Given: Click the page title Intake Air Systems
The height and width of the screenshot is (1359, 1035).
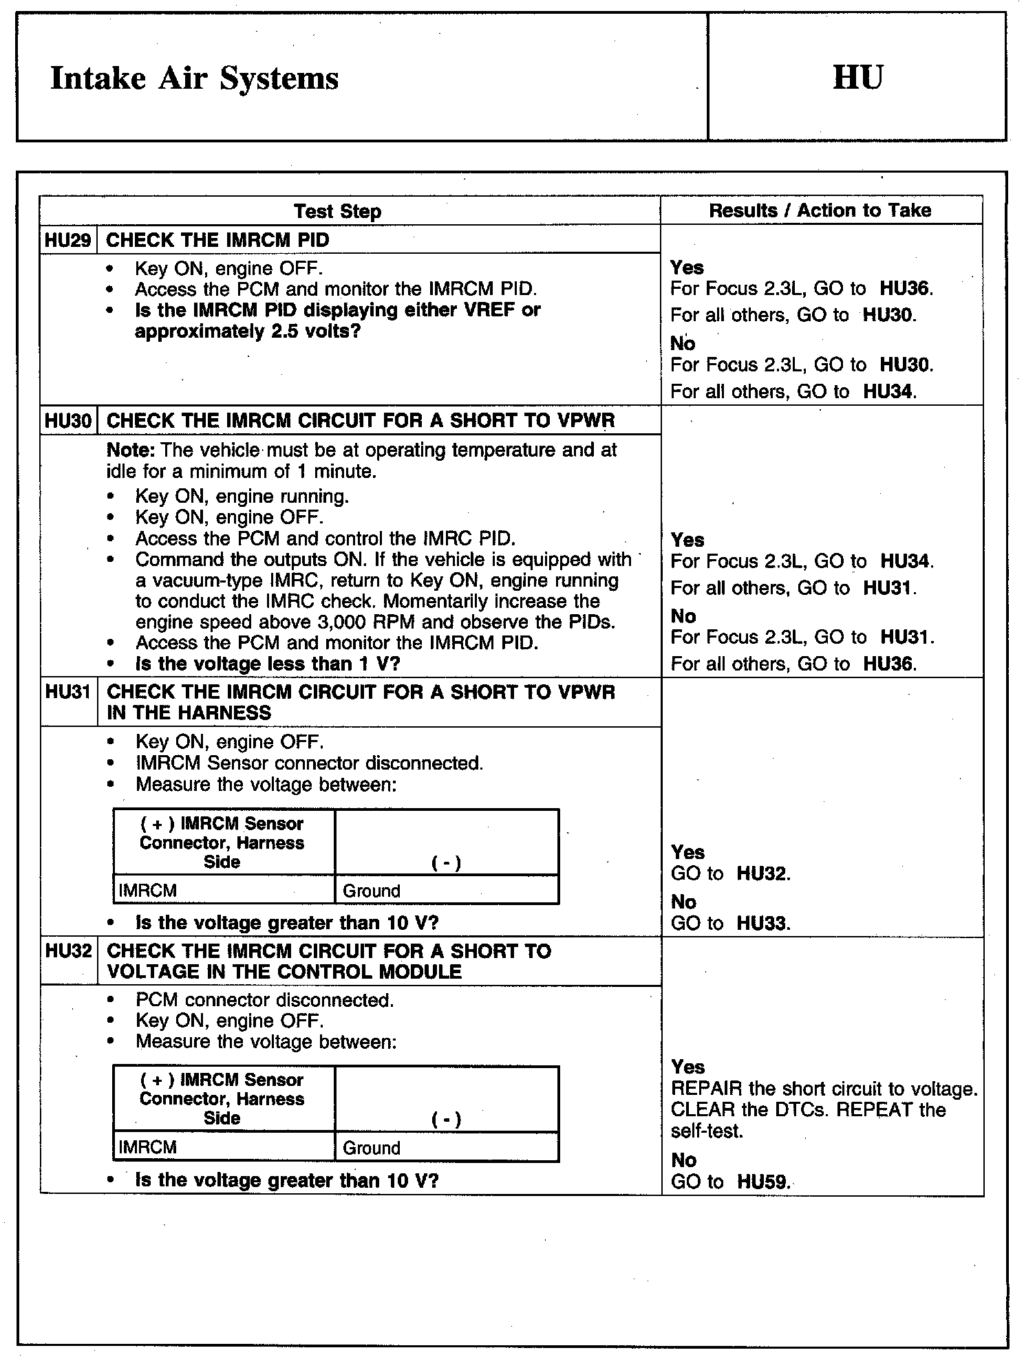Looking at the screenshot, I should pyautogui.click(x=195, y=78).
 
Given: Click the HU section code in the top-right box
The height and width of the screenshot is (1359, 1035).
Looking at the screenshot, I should pyautogui.click(x=857, y=77).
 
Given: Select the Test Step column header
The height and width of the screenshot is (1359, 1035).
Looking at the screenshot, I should pyautogui.click(x=337, y=211).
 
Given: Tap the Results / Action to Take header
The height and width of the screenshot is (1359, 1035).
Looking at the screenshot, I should pyautogui.click(x=820, y=210).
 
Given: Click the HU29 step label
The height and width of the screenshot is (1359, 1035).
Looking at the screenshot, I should pyautogui.click(x=67, y=240).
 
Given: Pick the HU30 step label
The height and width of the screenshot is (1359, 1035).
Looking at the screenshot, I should pyautogui.click(x=68, y=421).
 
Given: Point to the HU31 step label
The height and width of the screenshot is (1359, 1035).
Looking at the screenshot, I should pyautogui.click(x=68, y=692).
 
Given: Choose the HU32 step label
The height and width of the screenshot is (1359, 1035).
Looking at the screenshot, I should pyautogui.click(x=68, y=951).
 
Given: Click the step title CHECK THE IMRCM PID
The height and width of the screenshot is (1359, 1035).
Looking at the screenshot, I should pyautogui.click(x=218, y=240).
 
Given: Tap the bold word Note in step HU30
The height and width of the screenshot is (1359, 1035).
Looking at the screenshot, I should pyautogui.click(x=130, y=450).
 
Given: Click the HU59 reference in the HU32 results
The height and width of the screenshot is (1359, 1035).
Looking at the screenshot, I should pyautogui.click(x=762, y=1182).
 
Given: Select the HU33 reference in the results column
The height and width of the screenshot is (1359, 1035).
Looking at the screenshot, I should pyautogui.click(x=762, y=923).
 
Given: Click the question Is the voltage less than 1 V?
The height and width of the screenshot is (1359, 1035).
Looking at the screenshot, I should pyautogui.click(x=268, y=664).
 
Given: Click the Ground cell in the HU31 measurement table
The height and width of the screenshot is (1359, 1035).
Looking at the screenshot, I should pyautogui.click(x=372, y=891).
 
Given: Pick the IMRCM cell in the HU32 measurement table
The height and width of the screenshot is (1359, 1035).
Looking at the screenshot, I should pyautogui.click(x=148, y=1147).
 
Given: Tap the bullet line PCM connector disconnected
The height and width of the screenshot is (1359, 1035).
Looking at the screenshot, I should pyautogui.click(x=265, y=1000).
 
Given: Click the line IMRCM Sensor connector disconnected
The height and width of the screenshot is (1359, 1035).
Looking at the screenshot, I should pyautogui.click(x=309, y=763).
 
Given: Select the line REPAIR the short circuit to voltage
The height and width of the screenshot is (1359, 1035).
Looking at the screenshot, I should pyautogui.click(x=824, y=1089).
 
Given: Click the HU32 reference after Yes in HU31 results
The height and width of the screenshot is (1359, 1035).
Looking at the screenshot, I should pyautogui.click(x=762, y=873).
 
